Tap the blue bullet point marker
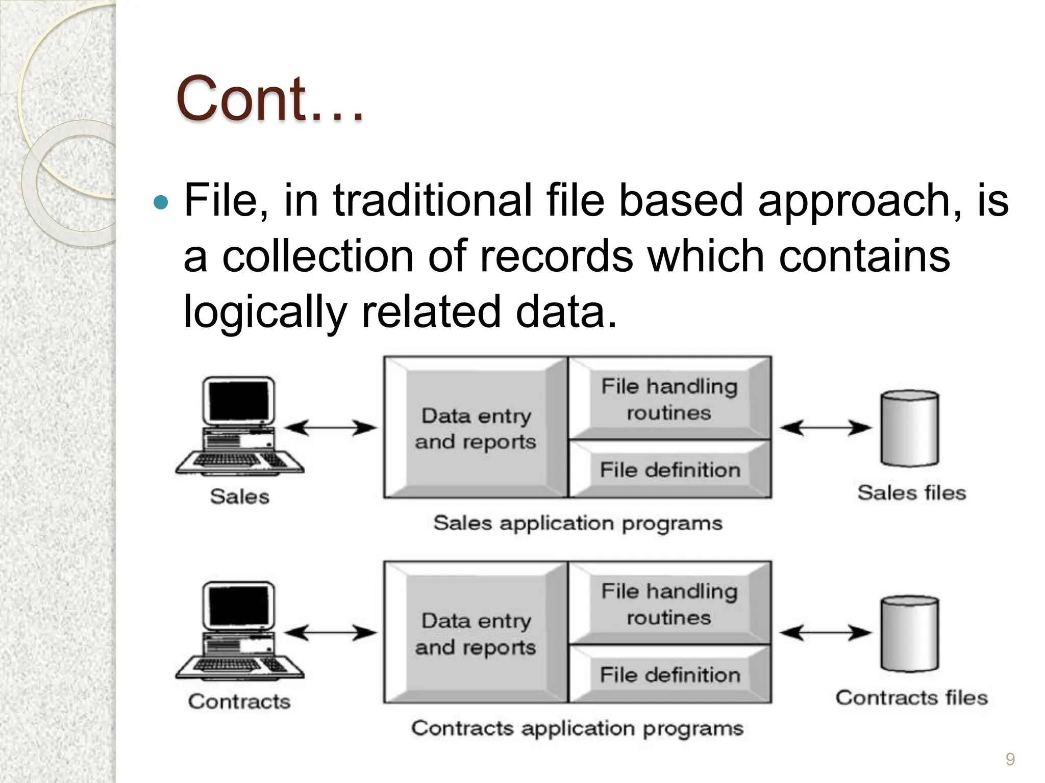point(161,202)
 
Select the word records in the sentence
point(557,256)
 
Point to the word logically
point(265,312)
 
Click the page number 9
point(1010,760)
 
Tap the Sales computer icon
point(239,426)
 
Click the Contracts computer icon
point(239,631)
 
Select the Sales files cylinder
point(910,428)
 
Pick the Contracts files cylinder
point(910,633)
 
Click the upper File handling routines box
point(669,399)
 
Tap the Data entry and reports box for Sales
point(476,428)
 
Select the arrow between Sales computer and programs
point(330,428)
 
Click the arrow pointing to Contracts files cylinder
point(825,633)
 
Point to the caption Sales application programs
point(578,523)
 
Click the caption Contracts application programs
point(577,728)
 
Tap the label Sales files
point(911,492)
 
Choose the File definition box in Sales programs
point(669,469)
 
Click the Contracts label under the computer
point(239,701)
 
